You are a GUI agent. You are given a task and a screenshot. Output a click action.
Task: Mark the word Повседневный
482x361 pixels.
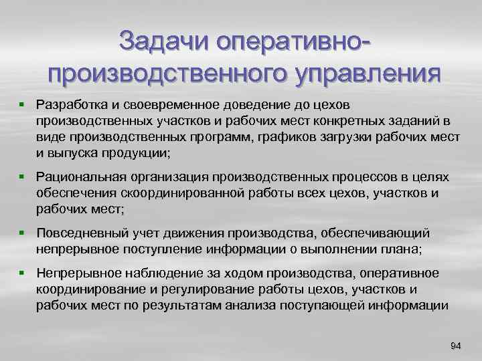[79, 233]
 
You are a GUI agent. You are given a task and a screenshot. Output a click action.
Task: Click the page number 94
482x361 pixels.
[456, 346]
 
